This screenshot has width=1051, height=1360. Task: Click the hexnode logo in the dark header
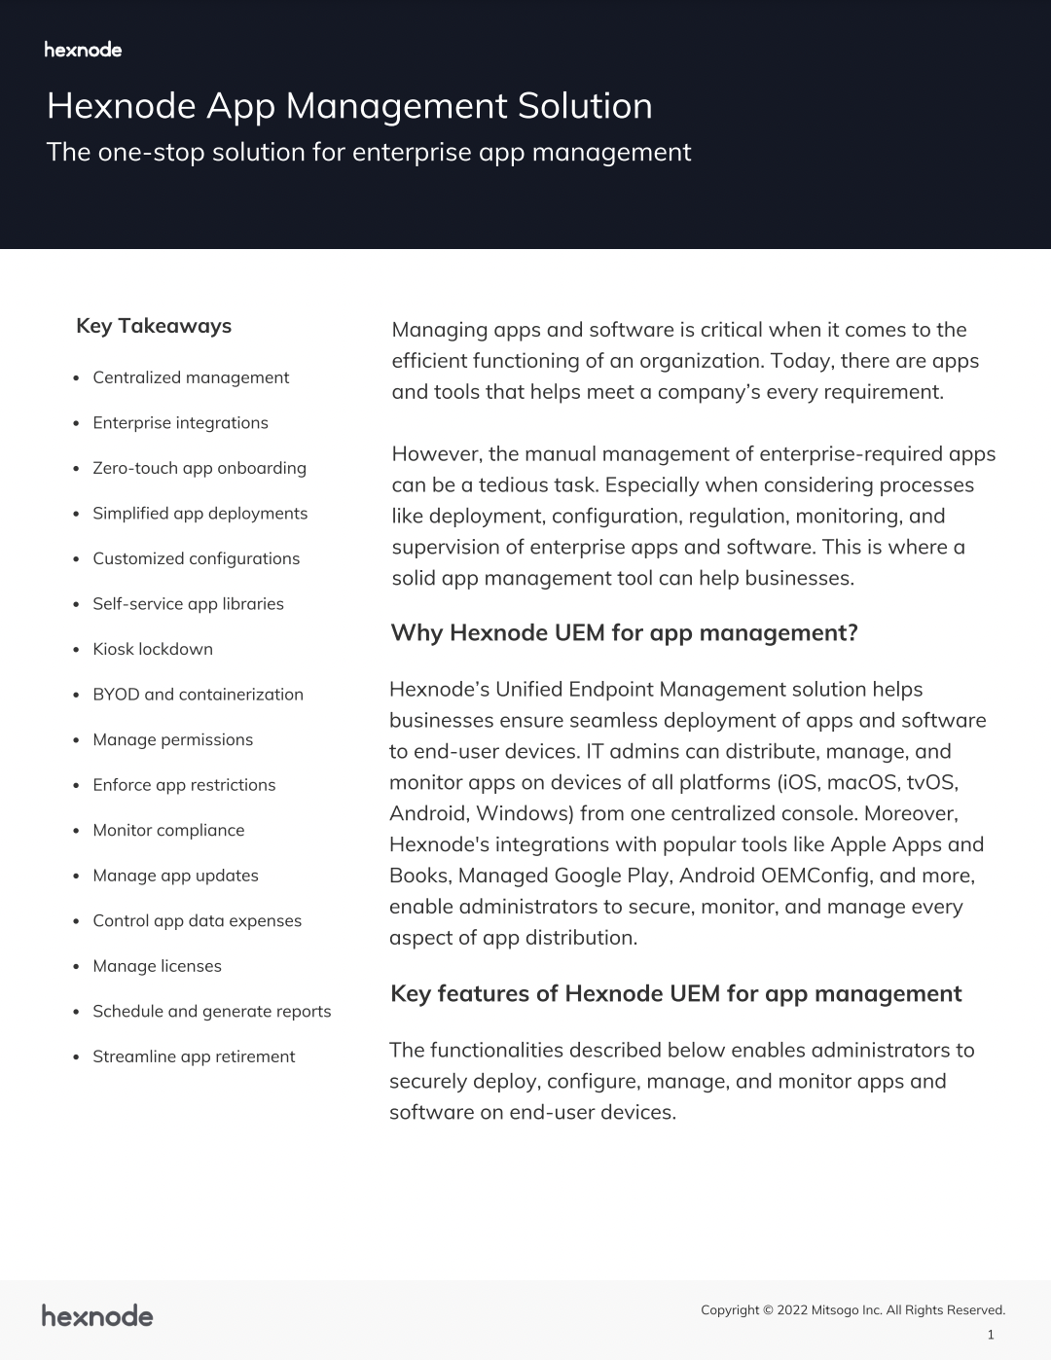click(x=83, y=50)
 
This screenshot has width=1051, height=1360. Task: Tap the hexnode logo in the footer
click(x=97, y=1316)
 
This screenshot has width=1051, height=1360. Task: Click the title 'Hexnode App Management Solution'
click(x=349, y=106)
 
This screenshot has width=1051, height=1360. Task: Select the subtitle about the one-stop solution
click(x=369, y=153)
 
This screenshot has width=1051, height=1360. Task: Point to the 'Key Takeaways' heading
click(x=154, y=326)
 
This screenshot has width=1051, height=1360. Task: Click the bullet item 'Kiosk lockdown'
click(x=153, y=649)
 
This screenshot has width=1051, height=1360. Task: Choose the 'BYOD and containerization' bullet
click(x=198, y=695)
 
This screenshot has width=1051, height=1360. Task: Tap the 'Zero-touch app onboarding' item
click(x=199, y=468)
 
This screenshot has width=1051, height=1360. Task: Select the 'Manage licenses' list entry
click(x=157, y=966)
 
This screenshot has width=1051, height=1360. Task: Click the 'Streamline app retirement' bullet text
click(x=194, y=1056)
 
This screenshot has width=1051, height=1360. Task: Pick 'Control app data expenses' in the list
click(x=197, y=920)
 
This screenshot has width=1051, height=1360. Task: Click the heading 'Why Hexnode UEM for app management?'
click(x=624, y=633)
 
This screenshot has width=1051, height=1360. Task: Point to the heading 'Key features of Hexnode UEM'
click(x=675, y=993)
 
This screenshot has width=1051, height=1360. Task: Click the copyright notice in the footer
click(x=852, y=1310)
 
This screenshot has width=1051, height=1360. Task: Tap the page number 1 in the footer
click(x=991, y=1335)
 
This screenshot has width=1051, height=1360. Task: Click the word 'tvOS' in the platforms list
click(x=931, y=782)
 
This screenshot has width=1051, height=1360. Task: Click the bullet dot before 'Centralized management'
click(x=76, y=378)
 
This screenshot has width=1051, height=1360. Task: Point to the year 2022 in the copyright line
click(x=792, y=1310)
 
